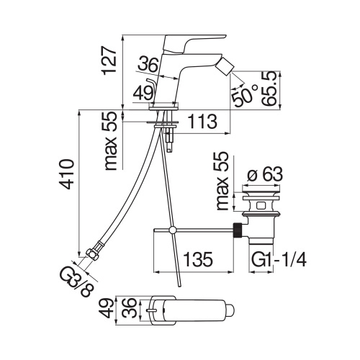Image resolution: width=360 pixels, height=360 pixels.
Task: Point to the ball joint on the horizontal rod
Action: pos(173,230)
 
